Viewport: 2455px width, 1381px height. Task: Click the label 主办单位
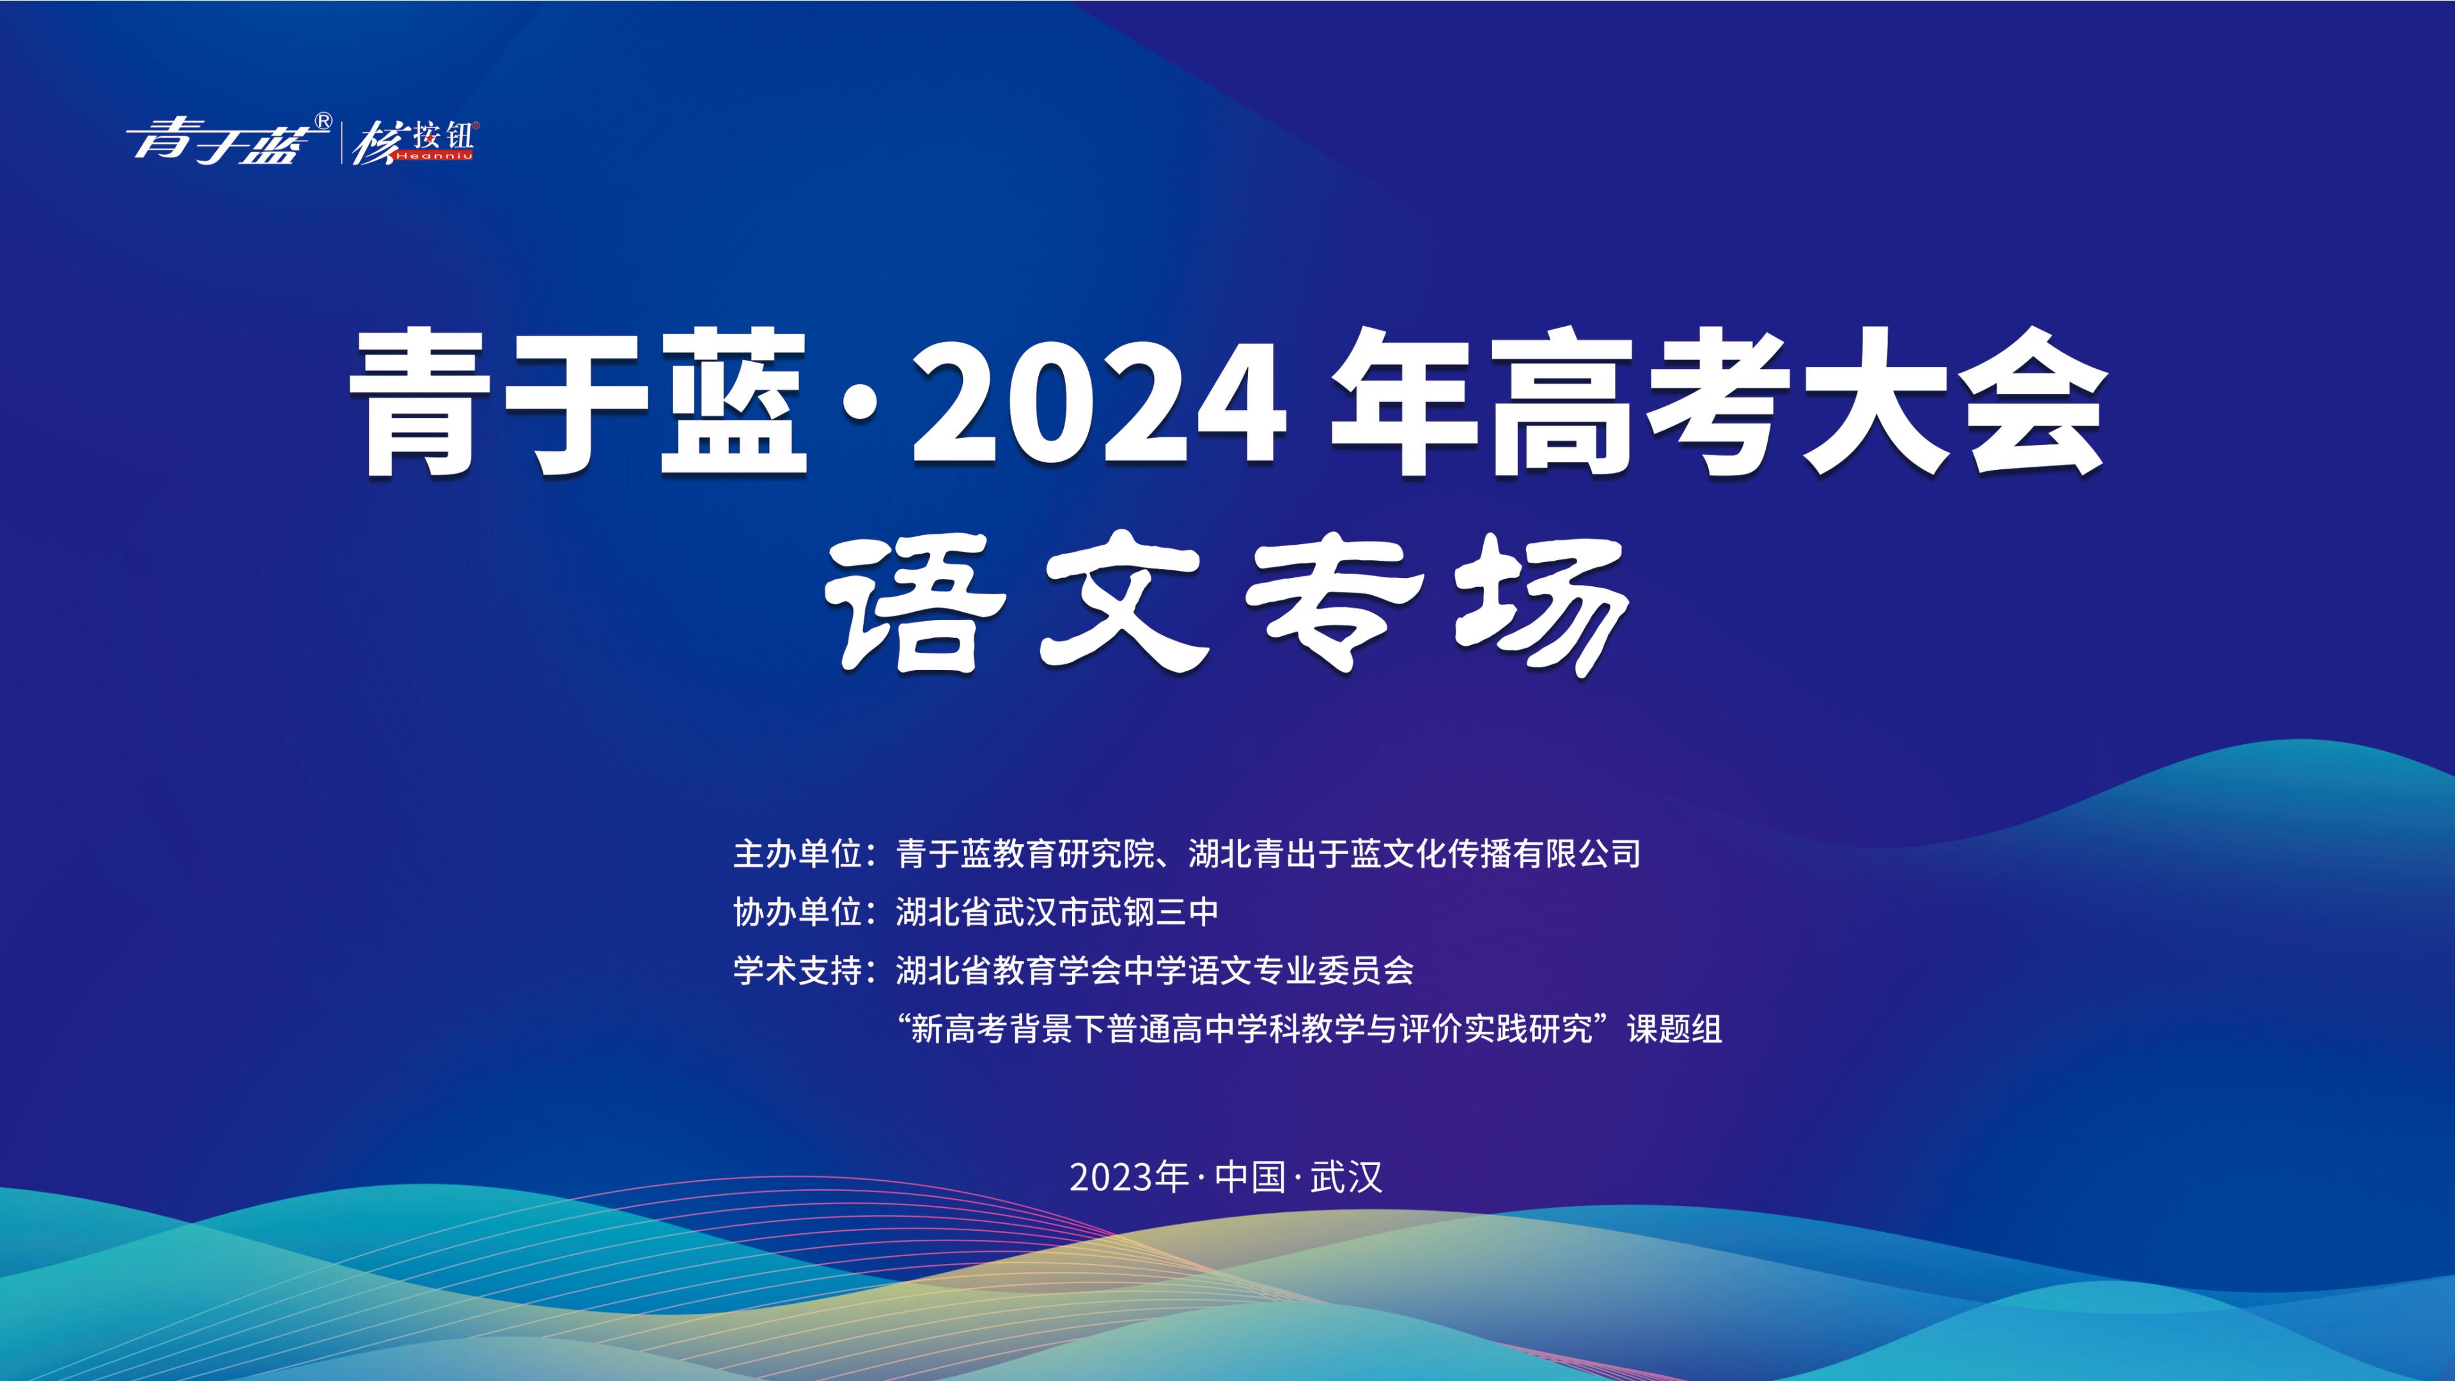(x=797, y=854)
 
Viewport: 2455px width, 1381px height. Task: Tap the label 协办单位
(x=797, y=912)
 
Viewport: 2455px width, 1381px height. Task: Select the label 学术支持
(x=797, y=971)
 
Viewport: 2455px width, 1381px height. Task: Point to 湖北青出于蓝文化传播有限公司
(x=1414, y=854)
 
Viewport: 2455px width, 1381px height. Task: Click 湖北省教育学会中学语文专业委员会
(x=1155, y=971)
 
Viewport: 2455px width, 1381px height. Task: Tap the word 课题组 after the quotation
(x=1674, y=1029)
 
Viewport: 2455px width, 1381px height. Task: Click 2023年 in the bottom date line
(x=1128, y=1177)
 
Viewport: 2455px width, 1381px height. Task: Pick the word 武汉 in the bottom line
(x=1346, y=1177)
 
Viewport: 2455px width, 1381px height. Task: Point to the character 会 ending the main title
(x=2030, y=403)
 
